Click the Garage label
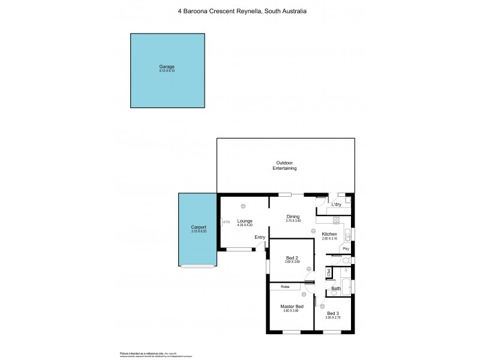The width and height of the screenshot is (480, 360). click(166, 66)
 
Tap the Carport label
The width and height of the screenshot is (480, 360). click(199, 227)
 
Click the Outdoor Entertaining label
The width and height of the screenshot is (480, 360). click(286, 166)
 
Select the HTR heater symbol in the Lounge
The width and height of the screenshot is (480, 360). click(226, 223)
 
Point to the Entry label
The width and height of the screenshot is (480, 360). click(260, 237)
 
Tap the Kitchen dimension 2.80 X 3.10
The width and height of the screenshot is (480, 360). click(329, 239)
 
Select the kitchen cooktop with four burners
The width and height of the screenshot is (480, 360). click(337, 220)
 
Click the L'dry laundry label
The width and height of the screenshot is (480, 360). click(336, 205)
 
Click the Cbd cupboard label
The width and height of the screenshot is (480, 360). click(329, 273)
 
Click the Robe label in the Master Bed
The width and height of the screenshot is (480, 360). click(286, 287)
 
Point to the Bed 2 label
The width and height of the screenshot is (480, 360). click(292, 259)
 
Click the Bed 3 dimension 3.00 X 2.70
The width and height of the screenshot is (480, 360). click(333, 317)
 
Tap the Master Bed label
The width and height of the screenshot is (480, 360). click(292, 306)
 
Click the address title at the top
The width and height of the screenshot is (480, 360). click(240, 10)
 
